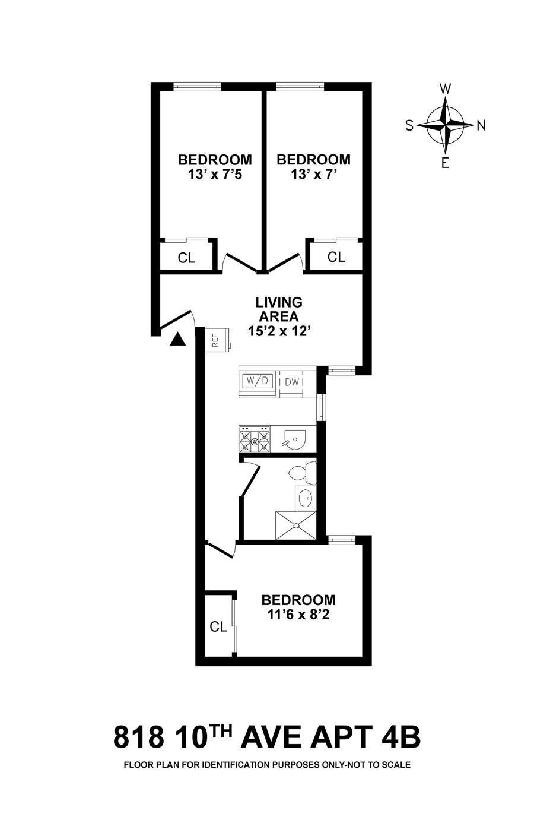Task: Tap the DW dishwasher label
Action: pyautogui.click(x=292, y=382)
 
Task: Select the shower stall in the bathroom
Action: pyautogui.click(x=296, y=524)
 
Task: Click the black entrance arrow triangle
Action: pyautogui.click(x=178, y=339)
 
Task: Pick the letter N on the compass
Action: pyautogui.click(x=481, y=125)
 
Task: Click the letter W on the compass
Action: pyautogui.click(x=445, y=89)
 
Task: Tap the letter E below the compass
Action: pyautogui.click(x=445, y=163)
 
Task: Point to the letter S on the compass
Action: pyautogui.click(x=409, y=125)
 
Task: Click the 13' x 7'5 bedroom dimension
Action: pyautogui.click(x=215, y=175)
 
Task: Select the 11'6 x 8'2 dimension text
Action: pyautogui.click(x=298, y=615)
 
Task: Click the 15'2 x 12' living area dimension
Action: pyautogui.click(x=279, y=331)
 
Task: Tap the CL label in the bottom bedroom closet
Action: pyautogui.click(x=219, y=626)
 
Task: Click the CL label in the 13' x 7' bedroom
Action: pyautogui.click(x=336, y=257)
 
